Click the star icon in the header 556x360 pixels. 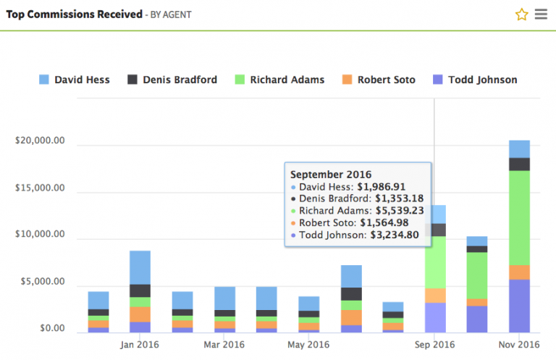521,14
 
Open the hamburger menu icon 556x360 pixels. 541,14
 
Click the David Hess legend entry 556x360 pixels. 75,80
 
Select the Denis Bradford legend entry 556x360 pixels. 172,80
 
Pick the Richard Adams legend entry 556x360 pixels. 279,80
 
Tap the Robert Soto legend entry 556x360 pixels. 378,80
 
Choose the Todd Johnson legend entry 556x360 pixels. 475,80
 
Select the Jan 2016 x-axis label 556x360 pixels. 140,344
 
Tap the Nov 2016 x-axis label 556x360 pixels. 519,344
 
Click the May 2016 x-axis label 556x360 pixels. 308,344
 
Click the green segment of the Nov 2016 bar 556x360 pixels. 519,217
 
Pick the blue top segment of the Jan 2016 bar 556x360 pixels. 140,267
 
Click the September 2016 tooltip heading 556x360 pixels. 331,175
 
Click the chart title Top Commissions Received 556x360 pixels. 74,14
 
